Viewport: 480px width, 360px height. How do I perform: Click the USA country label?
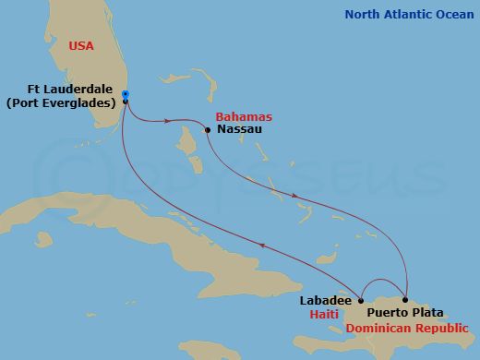[82, 46]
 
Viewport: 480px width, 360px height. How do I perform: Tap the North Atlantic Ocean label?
[407, 15]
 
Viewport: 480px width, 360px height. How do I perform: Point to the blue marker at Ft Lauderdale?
[125, 93]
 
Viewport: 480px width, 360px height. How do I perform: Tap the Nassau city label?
[238, 131]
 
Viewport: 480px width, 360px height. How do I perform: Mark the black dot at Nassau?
[208, 130]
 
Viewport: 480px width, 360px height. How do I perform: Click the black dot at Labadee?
[361, 300]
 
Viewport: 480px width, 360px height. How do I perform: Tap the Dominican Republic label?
[406, 328]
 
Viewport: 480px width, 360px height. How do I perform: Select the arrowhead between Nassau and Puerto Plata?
[294, 196]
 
